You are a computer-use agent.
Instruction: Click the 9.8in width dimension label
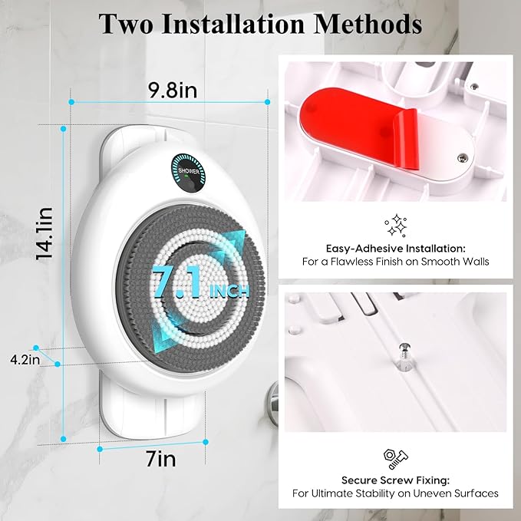(174, 91)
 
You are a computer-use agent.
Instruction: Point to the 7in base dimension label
(161, 459)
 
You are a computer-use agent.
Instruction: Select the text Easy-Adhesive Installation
(395, 249)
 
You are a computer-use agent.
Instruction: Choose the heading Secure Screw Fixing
(395, 480)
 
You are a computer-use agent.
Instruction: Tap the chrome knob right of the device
(273, 397)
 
